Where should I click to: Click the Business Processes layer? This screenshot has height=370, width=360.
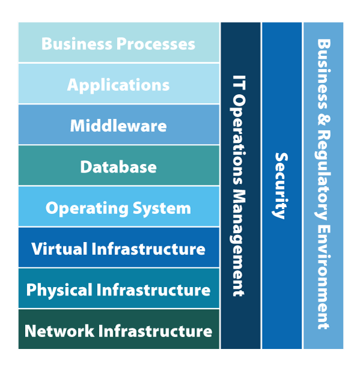(118, 43)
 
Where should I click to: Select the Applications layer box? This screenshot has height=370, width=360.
(118, 84)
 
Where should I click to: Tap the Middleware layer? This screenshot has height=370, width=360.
(118, 125)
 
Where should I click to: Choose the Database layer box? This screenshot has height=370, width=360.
(118, 166)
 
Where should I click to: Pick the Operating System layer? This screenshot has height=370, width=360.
(118, 207)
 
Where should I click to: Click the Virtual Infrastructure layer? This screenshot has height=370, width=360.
(118, 248)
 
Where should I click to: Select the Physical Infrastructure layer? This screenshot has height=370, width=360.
(118, 289)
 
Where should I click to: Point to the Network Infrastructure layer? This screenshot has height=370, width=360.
(118, 330)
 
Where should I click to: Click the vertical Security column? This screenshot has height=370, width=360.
(282, 186)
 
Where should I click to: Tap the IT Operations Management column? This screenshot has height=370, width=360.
(240, 186)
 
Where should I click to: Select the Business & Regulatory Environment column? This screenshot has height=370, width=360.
(323, 186)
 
